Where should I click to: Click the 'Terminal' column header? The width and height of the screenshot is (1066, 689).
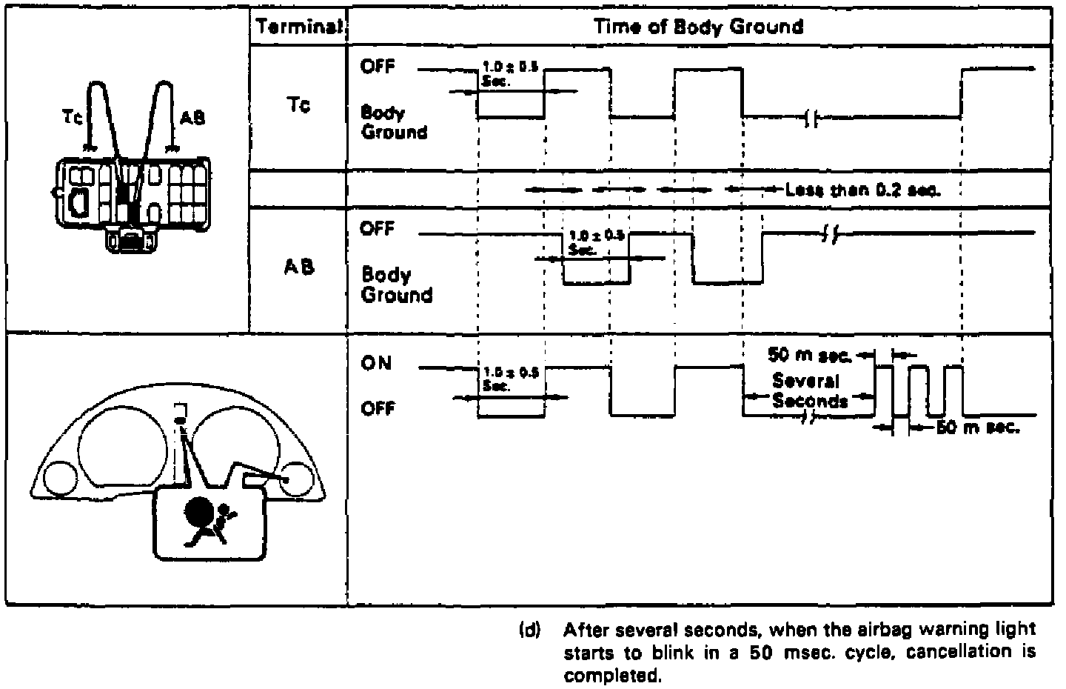click(x=298, y=27)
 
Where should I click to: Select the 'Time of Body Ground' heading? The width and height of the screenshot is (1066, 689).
click(x=698, y=27)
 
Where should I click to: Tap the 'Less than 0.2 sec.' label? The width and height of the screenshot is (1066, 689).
click(x=862, y=190)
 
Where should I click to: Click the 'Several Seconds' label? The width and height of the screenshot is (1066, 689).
click(x=809, y=391)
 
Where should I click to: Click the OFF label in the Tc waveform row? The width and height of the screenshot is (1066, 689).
click(x=378, y=67)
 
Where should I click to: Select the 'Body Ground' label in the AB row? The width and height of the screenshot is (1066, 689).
click(x=396, y=284)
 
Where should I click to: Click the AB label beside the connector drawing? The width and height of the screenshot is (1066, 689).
click(x=192, y=117)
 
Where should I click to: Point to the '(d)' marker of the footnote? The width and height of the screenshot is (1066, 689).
click(x=531, y=630)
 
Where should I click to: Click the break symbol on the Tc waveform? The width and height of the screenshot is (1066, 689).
click(x=811, y=118)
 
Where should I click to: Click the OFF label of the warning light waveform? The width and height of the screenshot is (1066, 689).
click(x=378, y=408)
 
